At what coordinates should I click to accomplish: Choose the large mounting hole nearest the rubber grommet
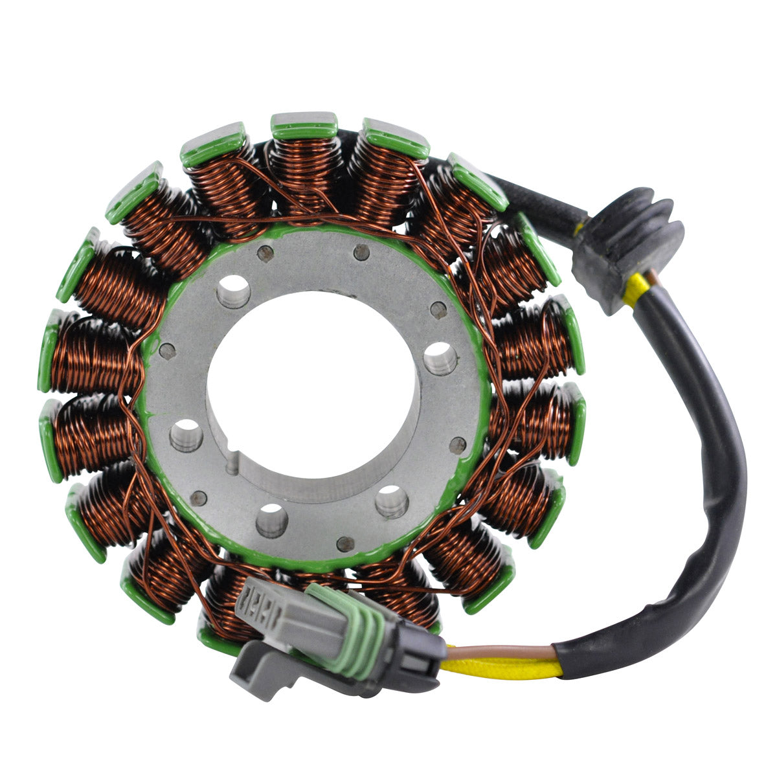(440, 357)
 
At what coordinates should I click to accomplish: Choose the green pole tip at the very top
(304, 126)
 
